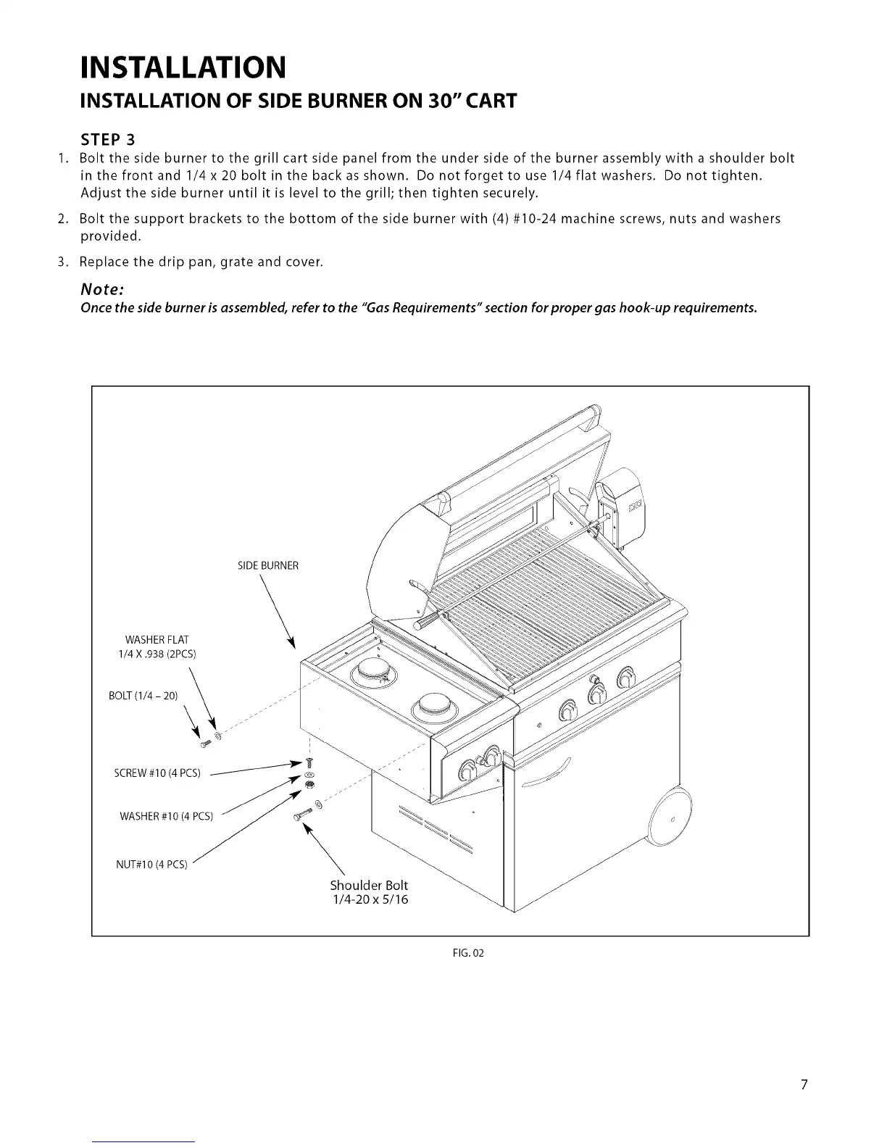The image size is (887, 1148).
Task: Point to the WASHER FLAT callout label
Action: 157,639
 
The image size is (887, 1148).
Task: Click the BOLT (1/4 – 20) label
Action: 143,696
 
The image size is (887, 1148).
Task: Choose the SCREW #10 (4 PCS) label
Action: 157,773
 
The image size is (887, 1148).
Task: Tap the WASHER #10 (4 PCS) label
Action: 166,817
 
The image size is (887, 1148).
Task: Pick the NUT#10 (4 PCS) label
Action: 151,864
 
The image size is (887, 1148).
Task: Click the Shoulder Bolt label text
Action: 369,886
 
